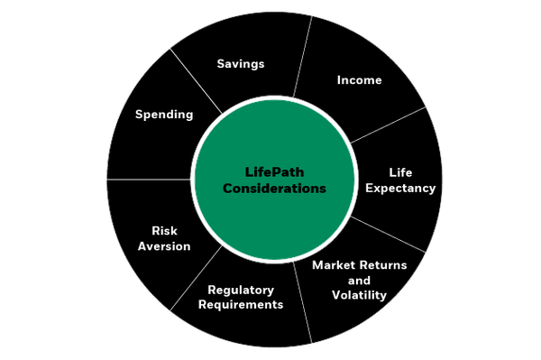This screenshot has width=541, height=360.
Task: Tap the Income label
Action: tap(359, 80)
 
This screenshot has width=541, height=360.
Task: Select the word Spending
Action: tap(164, 115)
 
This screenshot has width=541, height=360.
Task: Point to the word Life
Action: tap(400, 171)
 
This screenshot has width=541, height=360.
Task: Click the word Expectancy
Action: tap(400, 188)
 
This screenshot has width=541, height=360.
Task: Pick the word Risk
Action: tap(164, 230)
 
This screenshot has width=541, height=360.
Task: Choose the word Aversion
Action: tap(164, 246)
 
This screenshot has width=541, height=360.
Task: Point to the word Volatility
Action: tap(359, 295)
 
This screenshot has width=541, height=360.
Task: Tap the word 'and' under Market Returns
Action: tap(359, 281)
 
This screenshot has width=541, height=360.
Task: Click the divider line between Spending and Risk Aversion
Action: tap(149, 180)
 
